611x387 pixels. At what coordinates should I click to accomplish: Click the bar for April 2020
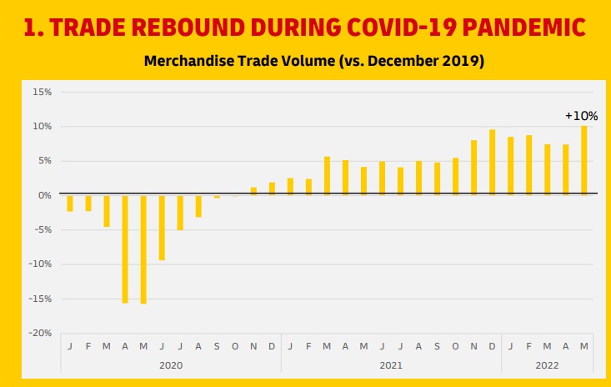point(125,249)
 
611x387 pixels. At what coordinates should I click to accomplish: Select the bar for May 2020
point(143,249)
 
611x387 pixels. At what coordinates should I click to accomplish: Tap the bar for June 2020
point(162,228)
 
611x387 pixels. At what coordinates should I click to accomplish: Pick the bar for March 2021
point(327,176)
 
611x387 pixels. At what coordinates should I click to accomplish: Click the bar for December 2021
point(492,163)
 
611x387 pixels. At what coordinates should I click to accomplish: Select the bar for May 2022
point(583,161)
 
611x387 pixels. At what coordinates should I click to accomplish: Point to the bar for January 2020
point(70,203)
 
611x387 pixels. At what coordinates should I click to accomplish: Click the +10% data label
point(581,116)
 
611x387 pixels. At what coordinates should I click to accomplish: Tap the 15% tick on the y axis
point(42,91)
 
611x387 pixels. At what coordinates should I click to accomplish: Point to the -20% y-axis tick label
point(40,333)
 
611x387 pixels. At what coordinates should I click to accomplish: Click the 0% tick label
point(44,195)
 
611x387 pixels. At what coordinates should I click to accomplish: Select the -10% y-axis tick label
point(40,264)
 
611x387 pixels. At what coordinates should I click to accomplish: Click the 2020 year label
point(170,365)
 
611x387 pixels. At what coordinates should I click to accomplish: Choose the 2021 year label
point(390,365)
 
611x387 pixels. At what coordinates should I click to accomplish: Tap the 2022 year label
point(547,365)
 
